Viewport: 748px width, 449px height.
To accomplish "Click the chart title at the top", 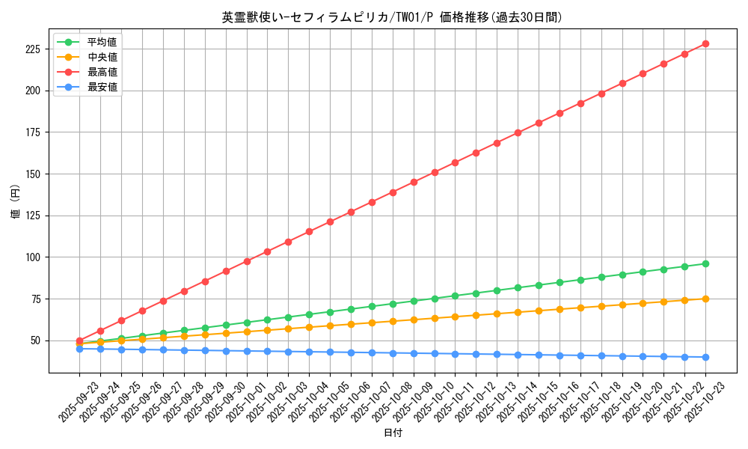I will (x=392, y=17).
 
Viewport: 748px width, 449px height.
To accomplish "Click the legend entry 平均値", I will (x=102, y=42).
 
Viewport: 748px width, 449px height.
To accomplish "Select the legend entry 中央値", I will (x=102, y=57).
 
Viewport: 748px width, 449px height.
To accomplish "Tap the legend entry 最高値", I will (x=102, y=72).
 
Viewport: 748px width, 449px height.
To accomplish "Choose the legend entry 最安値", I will (x=102, y=87).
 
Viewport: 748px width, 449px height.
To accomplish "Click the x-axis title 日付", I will (x=393, y=433).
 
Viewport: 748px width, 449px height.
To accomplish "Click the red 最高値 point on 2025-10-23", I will (x=705, y=43).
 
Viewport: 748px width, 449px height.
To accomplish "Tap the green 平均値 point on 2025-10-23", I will (x=705, y=263).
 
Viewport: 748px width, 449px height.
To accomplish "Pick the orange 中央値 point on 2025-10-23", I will (x=705, y=299).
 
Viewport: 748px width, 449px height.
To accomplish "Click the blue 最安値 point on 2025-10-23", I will (x=705, y=357).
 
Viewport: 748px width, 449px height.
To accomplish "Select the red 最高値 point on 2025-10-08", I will (x=393, y=192).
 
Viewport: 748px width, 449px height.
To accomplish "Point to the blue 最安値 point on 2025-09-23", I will (x=79, y=349).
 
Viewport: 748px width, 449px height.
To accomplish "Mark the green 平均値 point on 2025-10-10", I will (x=435, y=299).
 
